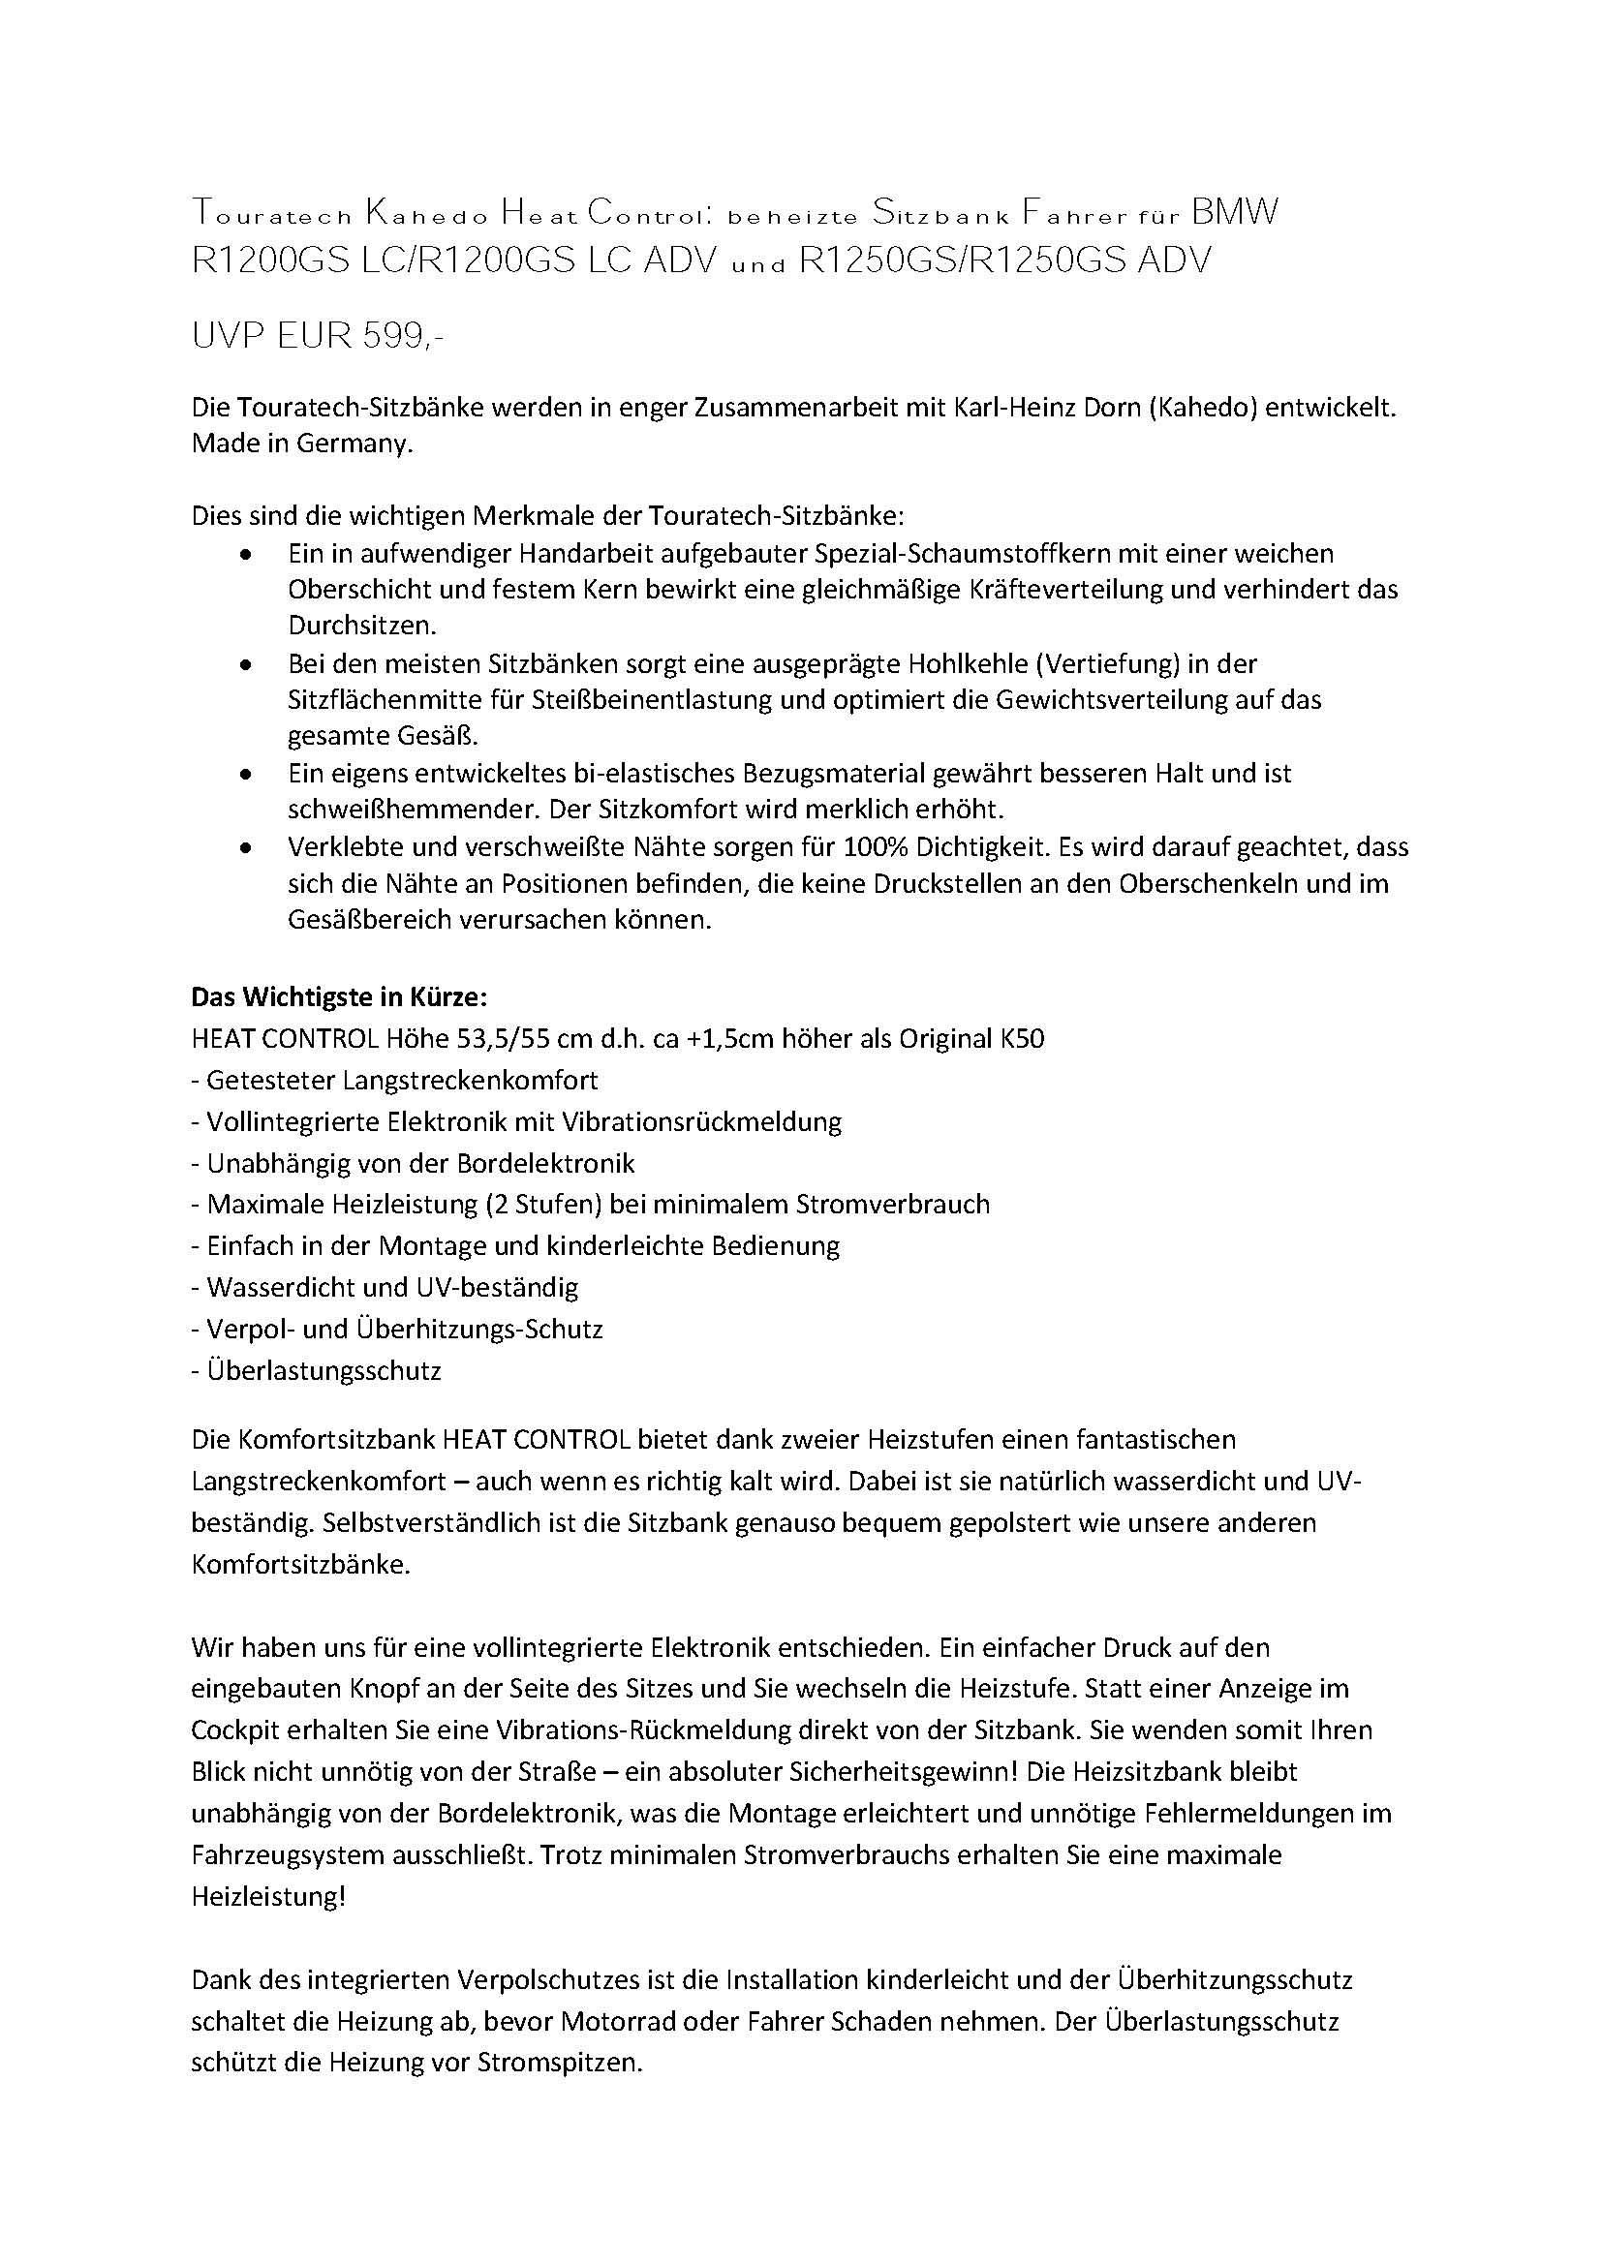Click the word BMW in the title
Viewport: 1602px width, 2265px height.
(x=1235, y=212)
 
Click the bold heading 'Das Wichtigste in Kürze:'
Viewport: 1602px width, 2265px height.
(x=338, y=996)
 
